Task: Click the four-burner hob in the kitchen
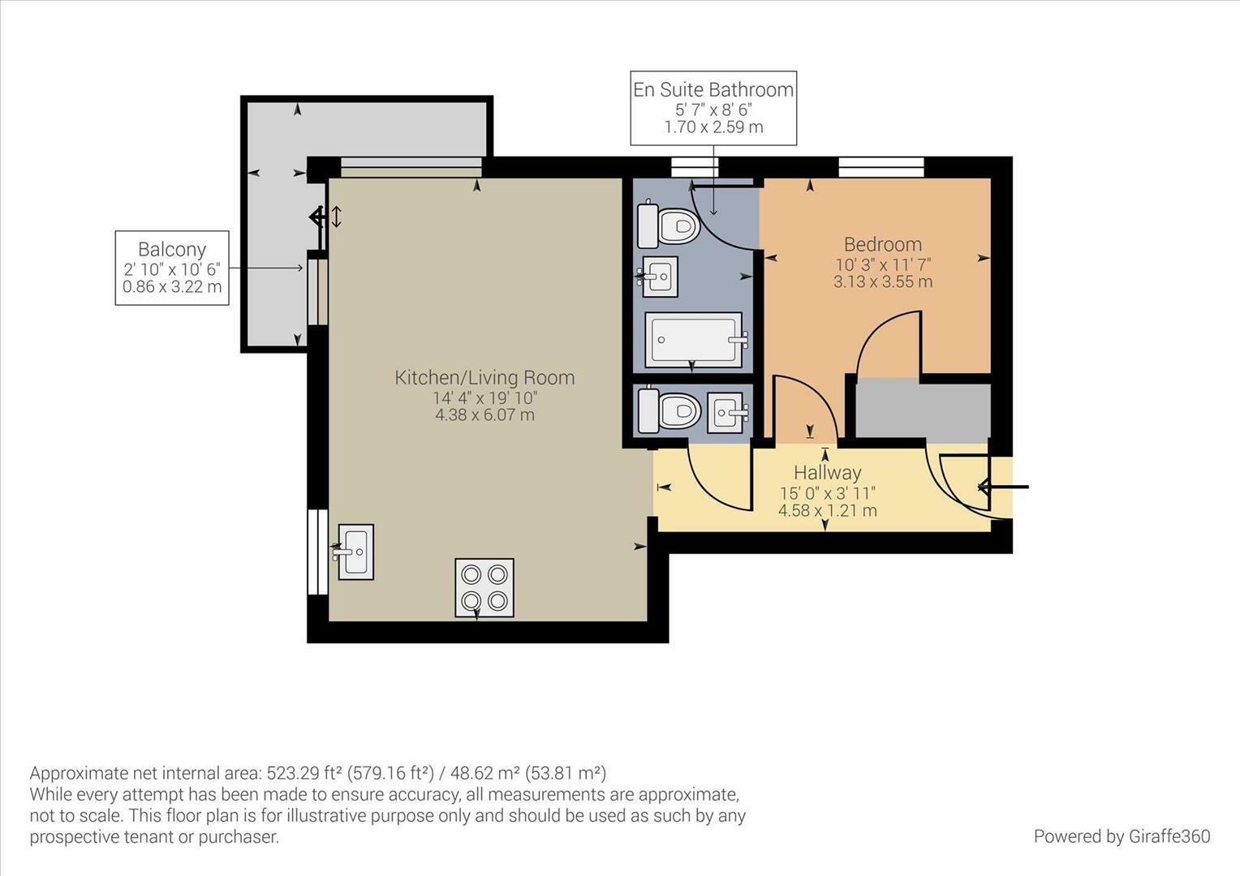(484, 588)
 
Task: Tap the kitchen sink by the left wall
(355, 552)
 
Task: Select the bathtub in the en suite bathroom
(694, 340)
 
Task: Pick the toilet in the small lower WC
(670, 411)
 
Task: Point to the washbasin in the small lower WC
(725, 412)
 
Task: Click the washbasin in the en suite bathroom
(659, 277)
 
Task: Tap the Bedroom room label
(882, 244)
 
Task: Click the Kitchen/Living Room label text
(484, 377)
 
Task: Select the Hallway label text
(827, 473)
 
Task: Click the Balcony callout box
(172, 268)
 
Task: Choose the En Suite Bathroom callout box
(713, 108)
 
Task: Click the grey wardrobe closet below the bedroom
(923, 411)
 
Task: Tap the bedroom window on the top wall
(881, 167)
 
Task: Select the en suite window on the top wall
(695, 167)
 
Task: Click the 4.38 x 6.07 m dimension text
(484, 415)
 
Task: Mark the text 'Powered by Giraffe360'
(1122, 836)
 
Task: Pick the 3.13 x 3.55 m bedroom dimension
(882, 282)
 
